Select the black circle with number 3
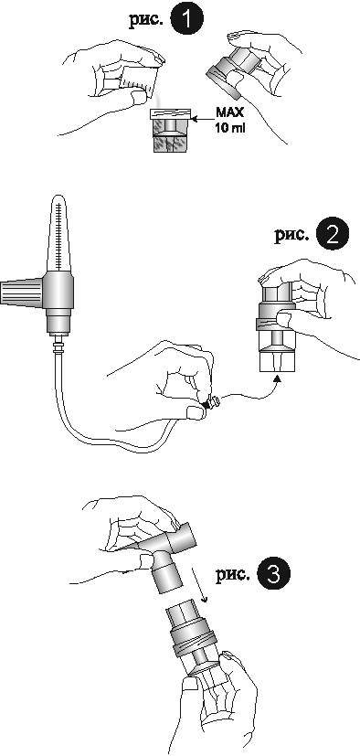point(274,574)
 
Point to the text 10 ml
point(229,129)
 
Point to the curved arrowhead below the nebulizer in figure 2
point(277,380)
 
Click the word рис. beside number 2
point(291,236)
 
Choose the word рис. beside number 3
point(233,574)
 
